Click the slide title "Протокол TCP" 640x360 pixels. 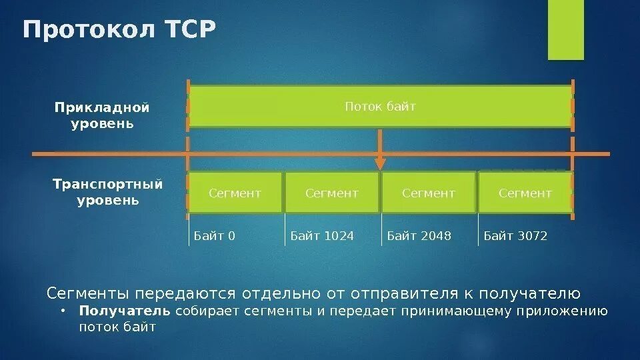click(x=120, y=31)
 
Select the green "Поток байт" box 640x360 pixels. click(x=380, y=107)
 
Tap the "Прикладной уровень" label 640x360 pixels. click(x=102, y=116)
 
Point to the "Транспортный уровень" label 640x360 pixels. click(x=107, y=192)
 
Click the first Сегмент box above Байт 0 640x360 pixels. click(x=235, y=193)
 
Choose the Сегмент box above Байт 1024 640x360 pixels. click(x=332, y=193)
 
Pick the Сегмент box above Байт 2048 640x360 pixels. click(x=429, y=193)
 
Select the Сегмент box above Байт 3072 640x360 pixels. click(x=525, y=193)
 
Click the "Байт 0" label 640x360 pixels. click(x=215, y=235)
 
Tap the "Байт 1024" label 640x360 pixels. click(x=322, y=235)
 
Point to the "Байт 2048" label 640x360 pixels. click(x=419, y=235)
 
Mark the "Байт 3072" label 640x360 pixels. click(x=515, y=235)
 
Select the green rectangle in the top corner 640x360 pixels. click(x=565, y=30)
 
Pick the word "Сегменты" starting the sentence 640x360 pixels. click(x=88, y=293)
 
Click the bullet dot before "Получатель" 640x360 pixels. click(x=62, y=311)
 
